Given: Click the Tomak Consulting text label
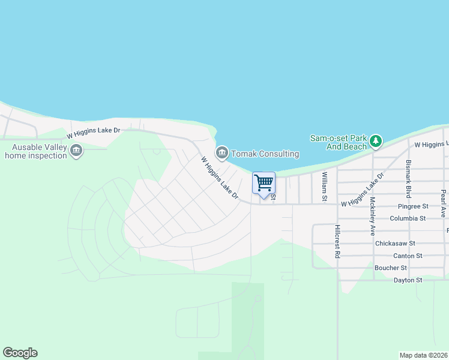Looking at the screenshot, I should [265, 154].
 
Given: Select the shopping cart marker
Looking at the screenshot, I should [264, 184].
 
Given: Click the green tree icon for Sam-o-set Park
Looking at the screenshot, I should [376, 142].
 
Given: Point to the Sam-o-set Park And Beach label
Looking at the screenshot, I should [338, 142].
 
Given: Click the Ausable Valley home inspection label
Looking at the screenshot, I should [35, 151].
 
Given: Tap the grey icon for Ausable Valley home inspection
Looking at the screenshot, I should [76, 151].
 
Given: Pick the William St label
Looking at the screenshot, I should [324, 186].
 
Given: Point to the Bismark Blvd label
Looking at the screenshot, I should [409, 178].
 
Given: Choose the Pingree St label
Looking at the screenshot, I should [409, 206].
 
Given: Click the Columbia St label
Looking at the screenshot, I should [408, 219].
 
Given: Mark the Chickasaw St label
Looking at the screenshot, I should [395, 244].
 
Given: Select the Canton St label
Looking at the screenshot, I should [408, 256].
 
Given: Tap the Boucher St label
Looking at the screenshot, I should [391, 268].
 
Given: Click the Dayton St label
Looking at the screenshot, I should [408, 280].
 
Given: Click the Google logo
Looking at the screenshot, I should [20, 353].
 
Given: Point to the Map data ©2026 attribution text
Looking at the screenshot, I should [423, 355].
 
